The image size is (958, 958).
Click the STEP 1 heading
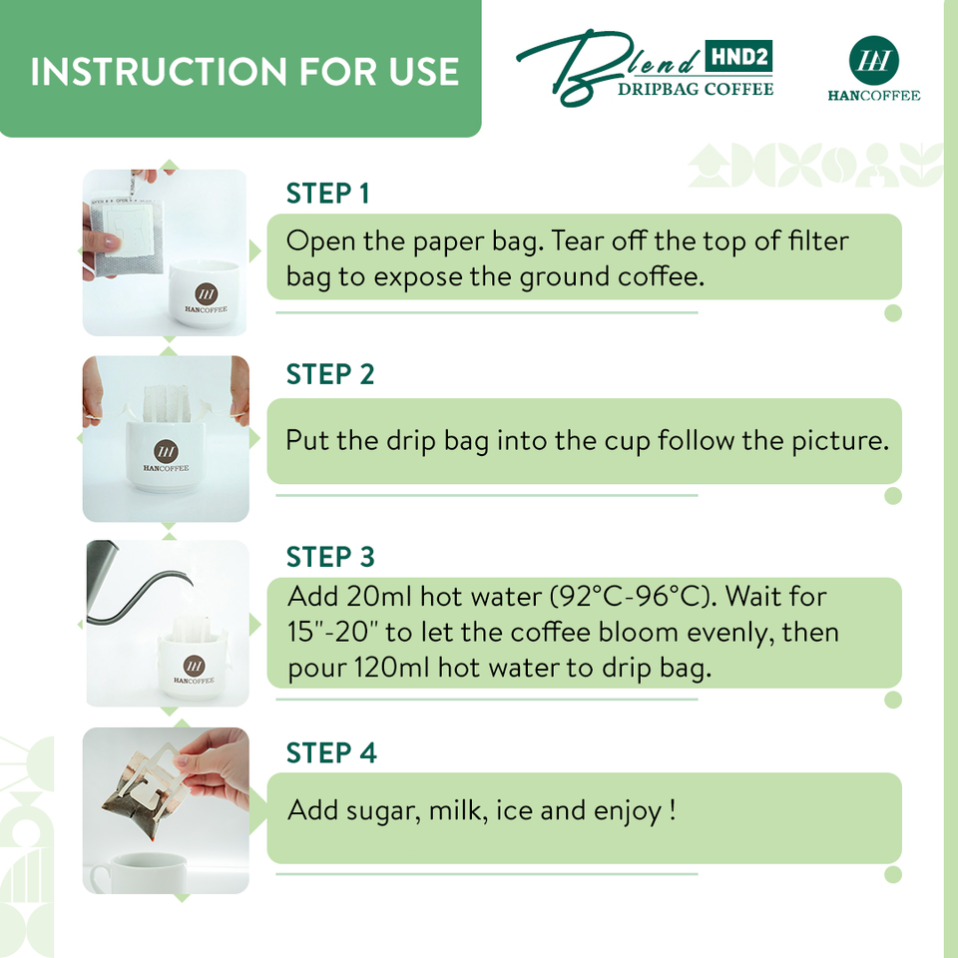click(x=327, y=193)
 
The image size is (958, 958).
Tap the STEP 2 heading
click(x=330, y=374)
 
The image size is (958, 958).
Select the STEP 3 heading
click(x=330, y=557)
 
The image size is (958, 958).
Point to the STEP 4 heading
click(x=331, y=752)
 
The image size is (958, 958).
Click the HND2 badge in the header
click(x=738, y=57)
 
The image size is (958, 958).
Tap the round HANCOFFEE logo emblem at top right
click(x=874, y=60)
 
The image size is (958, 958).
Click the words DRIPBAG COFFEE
click(x=696, y=89)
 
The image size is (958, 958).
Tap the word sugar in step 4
click(x=383, y=811)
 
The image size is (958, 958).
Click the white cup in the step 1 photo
click(x=204, y=294)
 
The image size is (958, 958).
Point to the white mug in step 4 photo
click(x=140, y=873)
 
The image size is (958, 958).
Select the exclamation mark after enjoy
click(x=672, y=809)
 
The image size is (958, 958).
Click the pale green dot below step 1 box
click(x=893, y=312)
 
